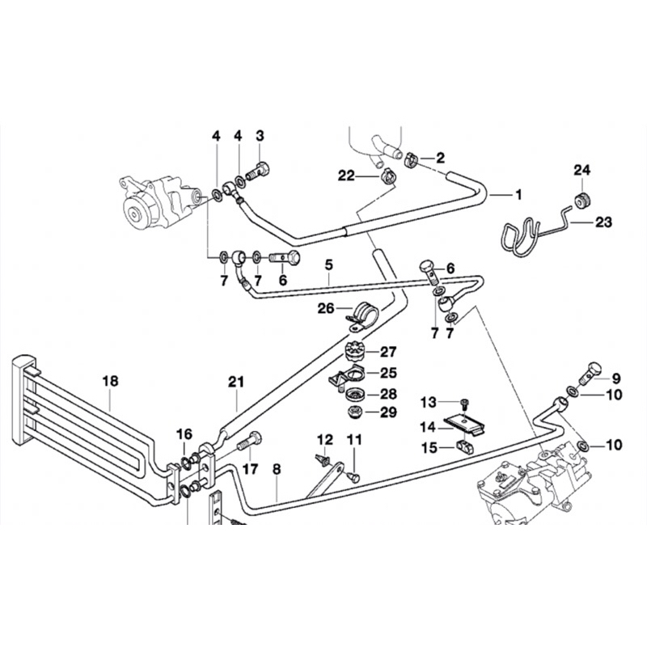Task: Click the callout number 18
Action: tap(111, 379)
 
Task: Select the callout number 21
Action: tap(235, 380)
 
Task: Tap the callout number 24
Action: tap(583, 170)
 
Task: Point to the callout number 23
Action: tap(603, 220)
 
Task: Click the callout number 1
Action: tap(518, 194)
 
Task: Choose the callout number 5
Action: tap(329, 264)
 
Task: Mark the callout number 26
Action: tap(325, 308)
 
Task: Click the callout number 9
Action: tap(615, 378)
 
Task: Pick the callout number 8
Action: tap(277, 467)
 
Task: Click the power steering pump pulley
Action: tap(133, 214)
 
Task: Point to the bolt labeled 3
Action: tap(257, 171)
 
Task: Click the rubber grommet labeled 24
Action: tap(581, 200)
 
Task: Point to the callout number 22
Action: tap(347, 175)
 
